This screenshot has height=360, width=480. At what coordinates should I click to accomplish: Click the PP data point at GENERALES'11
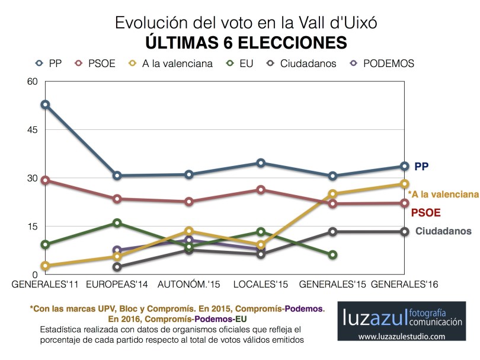coord(45,104)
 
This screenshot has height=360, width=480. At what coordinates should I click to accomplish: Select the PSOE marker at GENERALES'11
coord(45,180)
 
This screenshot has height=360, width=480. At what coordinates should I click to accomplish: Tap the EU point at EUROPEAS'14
coord(117,223)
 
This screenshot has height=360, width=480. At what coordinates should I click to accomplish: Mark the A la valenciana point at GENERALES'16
coord(405,184)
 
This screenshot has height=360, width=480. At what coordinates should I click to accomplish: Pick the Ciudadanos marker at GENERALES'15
coord(333,231)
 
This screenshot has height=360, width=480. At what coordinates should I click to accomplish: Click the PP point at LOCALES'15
coord(261,163)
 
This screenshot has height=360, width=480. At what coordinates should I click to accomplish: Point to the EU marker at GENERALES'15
coord(333,254)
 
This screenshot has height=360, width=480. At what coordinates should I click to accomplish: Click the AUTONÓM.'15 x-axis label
coord(189,285)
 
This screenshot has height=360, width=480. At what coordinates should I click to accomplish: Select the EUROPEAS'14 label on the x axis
coord(117,285)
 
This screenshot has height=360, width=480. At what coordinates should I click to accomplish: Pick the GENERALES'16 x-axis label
coord(405,285)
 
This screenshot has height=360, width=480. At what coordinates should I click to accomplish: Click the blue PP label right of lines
coord(421,167)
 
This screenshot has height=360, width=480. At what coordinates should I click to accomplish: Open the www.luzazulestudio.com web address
coord(401,337)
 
